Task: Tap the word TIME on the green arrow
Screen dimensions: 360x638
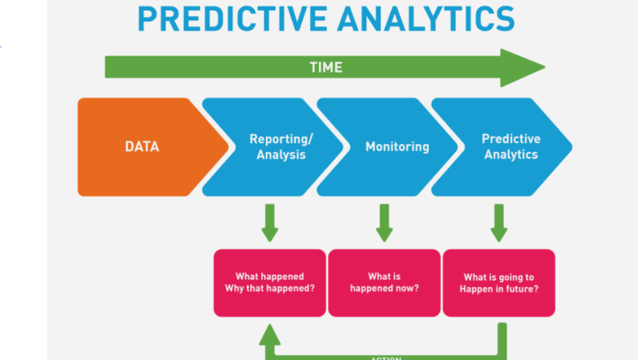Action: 325,67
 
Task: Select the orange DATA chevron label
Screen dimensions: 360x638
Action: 142,147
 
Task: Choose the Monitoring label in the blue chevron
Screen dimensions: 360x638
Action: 397,147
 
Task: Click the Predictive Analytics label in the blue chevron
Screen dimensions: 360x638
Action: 510,146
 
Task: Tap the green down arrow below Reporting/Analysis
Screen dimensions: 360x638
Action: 270,223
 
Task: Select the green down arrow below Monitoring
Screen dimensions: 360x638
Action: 384,223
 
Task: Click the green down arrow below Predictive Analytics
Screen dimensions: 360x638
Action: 499,223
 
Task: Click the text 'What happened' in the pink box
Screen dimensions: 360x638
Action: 269,277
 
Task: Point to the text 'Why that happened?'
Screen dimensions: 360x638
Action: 269,289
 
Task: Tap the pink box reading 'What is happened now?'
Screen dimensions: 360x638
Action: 384,282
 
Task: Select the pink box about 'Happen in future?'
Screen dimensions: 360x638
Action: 499,282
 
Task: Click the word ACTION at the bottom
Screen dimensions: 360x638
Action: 384,358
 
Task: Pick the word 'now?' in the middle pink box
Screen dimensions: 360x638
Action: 406,289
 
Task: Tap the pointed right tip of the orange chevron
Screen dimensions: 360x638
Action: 228,147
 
